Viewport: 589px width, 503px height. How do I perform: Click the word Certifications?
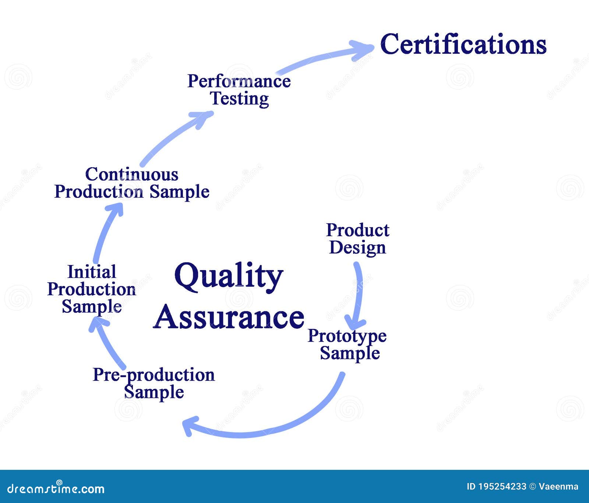coord(463,44)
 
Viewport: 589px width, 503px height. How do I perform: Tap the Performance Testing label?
coord(239,90)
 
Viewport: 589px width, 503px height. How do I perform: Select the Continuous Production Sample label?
coord(132,183)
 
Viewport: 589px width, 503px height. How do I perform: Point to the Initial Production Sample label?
coord(92,289)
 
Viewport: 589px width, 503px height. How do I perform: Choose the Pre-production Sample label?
coord(154,383)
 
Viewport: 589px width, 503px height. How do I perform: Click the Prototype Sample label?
coord(348,344)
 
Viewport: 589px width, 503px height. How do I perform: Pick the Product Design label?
coord(357,239)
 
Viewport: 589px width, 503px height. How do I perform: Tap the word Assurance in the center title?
coord(229,318)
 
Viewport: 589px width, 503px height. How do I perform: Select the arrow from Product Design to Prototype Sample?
coord(358,295)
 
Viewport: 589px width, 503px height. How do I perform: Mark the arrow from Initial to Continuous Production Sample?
coord(105,232)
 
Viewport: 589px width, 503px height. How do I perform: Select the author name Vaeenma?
coord(558,486)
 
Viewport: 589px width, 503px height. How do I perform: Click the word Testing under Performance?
coord(239,99)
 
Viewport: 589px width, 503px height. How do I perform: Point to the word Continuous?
coord(132,174)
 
